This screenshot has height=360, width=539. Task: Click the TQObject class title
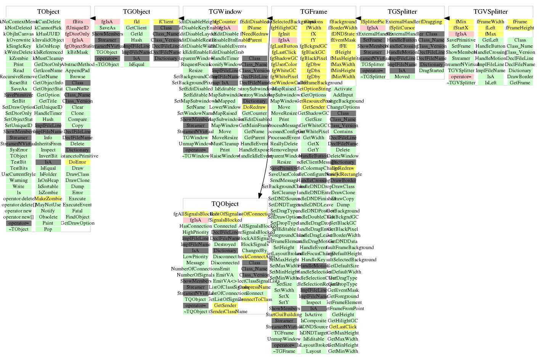[225, 204]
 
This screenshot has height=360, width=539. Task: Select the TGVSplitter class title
[491, 12]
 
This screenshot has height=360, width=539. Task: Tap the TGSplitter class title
[402, 12]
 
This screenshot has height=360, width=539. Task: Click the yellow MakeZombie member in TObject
[48, 199]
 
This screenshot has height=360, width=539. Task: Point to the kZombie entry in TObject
[19, 58]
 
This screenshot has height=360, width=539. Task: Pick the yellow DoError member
[77, 162]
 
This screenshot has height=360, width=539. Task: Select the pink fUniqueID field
[77, 28]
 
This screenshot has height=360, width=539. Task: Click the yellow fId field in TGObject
[137, 22]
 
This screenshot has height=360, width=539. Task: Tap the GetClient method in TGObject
[137, 28]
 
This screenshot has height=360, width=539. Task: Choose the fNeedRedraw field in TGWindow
[254, 34]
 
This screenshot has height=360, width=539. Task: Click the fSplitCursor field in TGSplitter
[402, 28]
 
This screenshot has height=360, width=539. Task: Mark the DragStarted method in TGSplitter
[431, 71]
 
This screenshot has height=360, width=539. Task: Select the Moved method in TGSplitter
[402, 77]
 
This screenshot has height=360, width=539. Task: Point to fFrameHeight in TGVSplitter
[520, 28]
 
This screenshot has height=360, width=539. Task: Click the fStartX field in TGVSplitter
[461, 28]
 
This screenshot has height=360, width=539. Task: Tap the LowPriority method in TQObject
[195, 257]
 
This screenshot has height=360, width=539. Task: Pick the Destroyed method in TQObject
[225, 244]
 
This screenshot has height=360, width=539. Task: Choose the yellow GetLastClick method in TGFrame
[343, 327]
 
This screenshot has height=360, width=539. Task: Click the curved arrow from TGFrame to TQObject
[264, 114]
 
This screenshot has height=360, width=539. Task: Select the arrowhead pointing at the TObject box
[93, 18]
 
